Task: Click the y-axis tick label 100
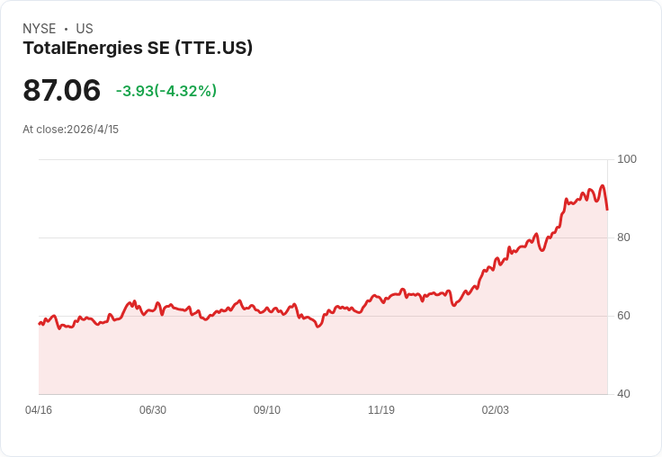627,159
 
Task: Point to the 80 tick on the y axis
623,237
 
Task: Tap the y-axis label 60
623,316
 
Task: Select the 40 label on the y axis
623,394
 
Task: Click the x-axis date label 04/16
39,410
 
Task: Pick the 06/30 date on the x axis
153,410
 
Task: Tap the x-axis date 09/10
267,410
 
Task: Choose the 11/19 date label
381,410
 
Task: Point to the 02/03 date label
496,410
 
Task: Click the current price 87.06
62,90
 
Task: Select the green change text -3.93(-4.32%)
166,91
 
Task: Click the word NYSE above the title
40,29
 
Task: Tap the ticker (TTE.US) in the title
214,48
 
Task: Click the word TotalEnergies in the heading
83,49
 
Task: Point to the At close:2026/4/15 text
70,130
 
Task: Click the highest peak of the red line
603,185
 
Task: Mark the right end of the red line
607,210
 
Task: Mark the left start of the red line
39,324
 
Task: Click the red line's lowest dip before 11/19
318,327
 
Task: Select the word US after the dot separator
85,29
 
